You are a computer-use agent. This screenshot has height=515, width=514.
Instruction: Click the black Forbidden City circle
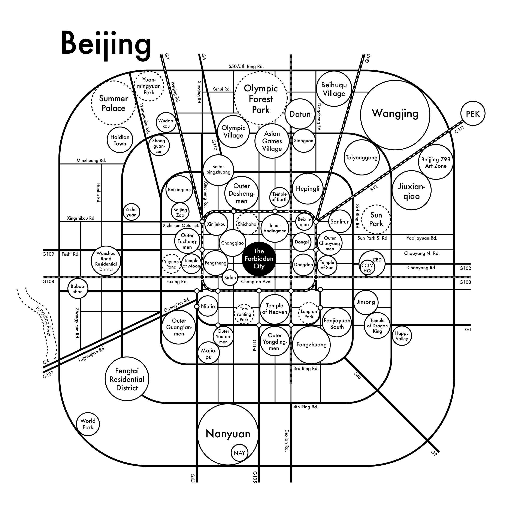[259, 258]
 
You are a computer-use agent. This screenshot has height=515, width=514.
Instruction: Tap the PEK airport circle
[473, 113]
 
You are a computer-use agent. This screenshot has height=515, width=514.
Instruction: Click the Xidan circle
[230, 278]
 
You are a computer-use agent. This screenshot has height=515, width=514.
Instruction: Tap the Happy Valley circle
[402, 336]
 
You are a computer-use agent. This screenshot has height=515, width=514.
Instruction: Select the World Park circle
[88, 424]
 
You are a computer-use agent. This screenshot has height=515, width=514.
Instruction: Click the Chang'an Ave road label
[256, 281]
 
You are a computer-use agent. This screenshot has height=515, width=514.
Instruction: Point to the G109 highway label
[48, 254]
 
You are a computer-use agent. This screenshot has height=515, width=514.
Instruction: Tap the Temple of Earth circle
[279, 197]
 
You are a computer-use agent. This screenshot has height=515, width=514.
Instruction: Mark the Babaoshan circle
[78, 289]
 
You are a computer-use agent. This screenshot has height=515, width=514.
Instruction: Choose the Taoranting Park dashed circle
[244, 314]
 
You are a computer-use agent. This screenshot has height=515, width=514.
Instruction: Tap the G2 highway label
[434, 461]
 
